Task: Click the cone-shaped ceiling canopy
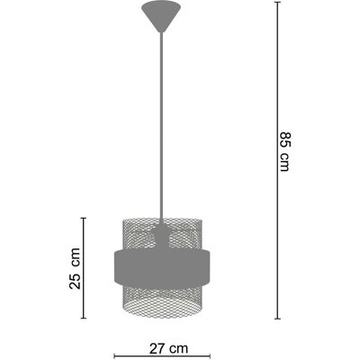[x=161, y=15]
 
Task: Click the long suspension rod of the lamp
[x=162, y=126]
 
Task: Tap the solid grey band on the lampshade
[x=162, y=267]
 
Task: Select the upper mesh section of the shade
[x=162, y=233]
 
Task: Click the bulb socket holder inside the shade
[x=162, y=236]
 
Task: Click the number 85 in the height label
[x=283, y=139]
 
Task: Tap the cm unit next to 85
[x=283, y=162]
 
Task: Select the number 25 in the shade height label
[x=75, y=281]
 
